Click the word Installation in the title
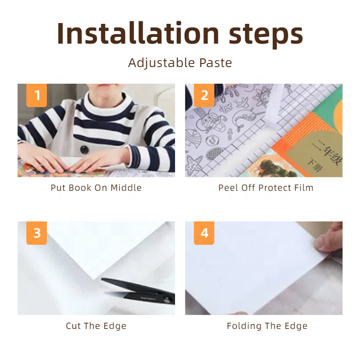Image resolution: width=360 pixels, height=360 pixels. (138, 33)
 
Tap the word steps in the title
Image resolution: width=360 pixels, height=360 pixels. (266, 36)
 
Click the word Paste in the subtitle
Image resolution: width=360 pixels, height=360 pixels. (216, 63)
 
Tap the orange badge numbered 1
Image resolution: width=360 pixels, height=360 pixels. (36, 95)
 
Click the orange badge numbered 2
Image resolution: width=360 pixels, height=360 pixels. (204, 95)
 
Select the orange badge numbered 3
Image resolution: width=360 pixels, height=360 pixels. (36, 233)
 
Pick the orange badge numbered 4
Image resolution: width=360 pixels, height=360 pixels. (204, 233)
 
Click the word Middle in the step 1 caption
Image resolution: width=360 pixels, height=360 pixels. (126, 188)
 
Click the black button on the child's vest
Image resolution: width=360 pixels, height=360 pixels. (84, 150)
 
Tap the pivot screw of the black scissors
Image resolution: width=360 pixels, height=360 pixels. (167, 300)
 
